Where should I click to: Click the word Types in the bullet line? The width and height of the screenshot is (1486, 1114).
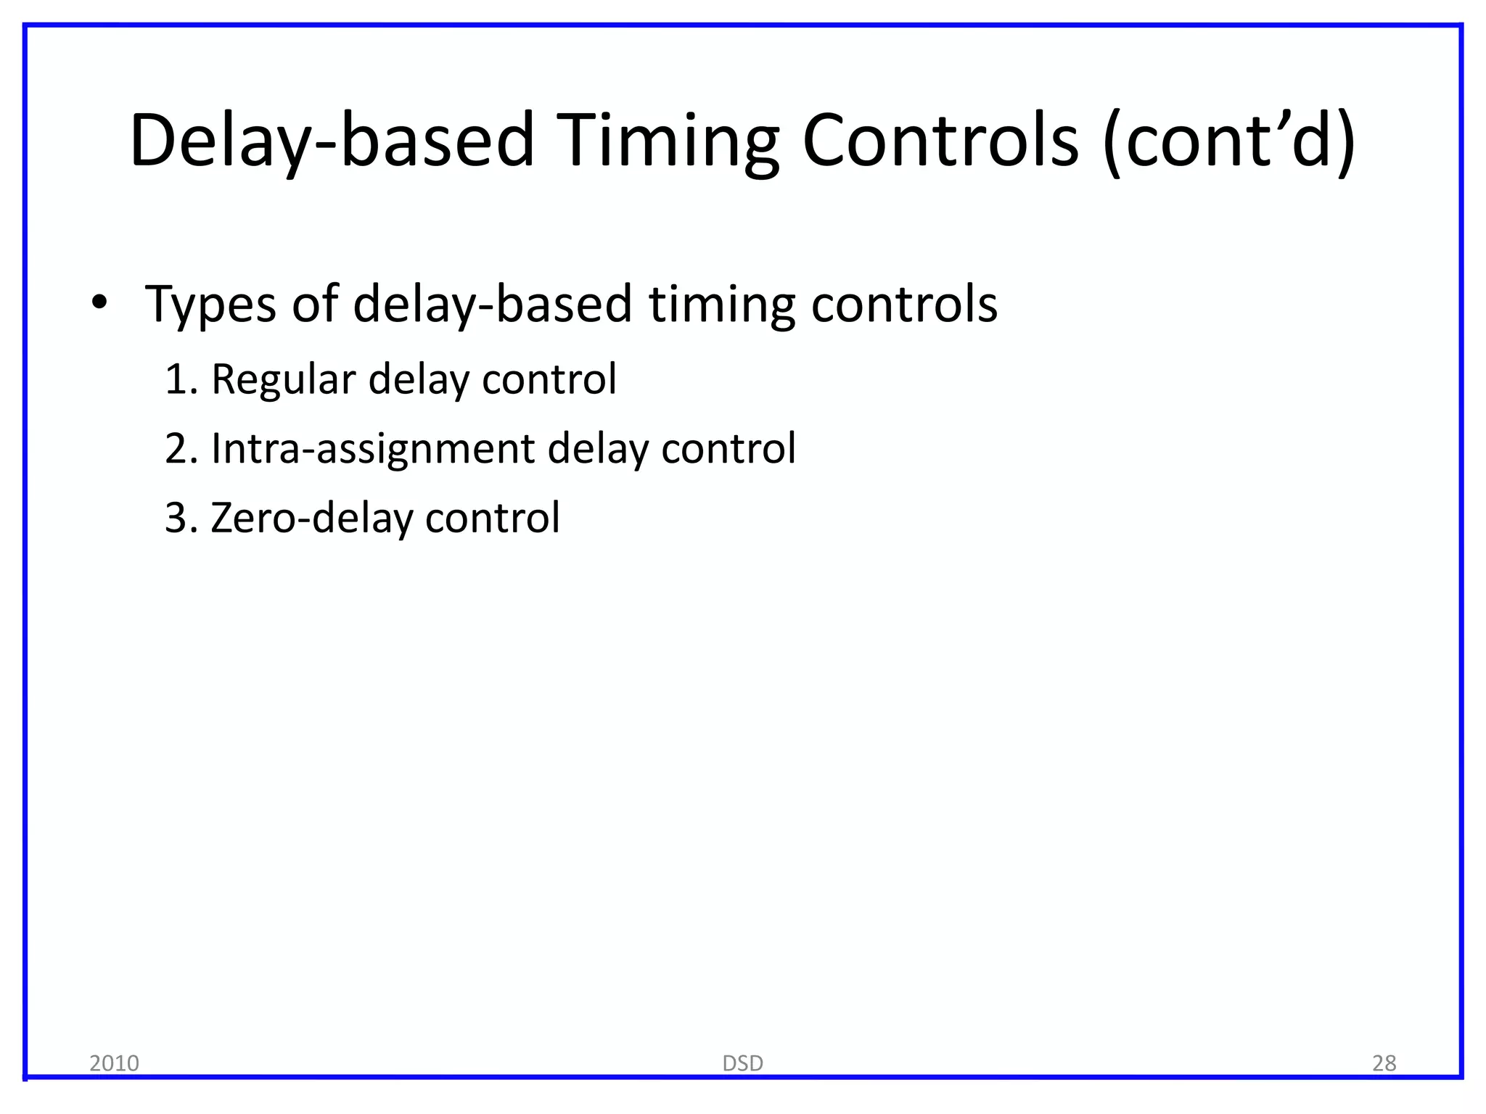(210, 305)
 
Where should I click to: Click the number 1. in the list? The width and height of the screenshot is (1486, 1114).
(181, 379)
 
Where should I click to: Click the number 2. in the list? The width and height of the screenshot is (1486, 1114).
(181, 449)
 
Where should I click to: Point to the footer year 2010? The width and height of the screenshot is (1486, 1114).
(114, 1063)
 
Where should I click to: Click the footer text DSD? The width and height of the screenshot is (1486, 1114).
(742, 1063)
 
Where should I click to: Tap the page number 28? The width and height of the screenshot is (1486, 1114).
(1384, 1063)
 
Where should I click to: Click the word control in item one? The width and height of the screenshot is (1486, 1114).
(549, 379)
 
